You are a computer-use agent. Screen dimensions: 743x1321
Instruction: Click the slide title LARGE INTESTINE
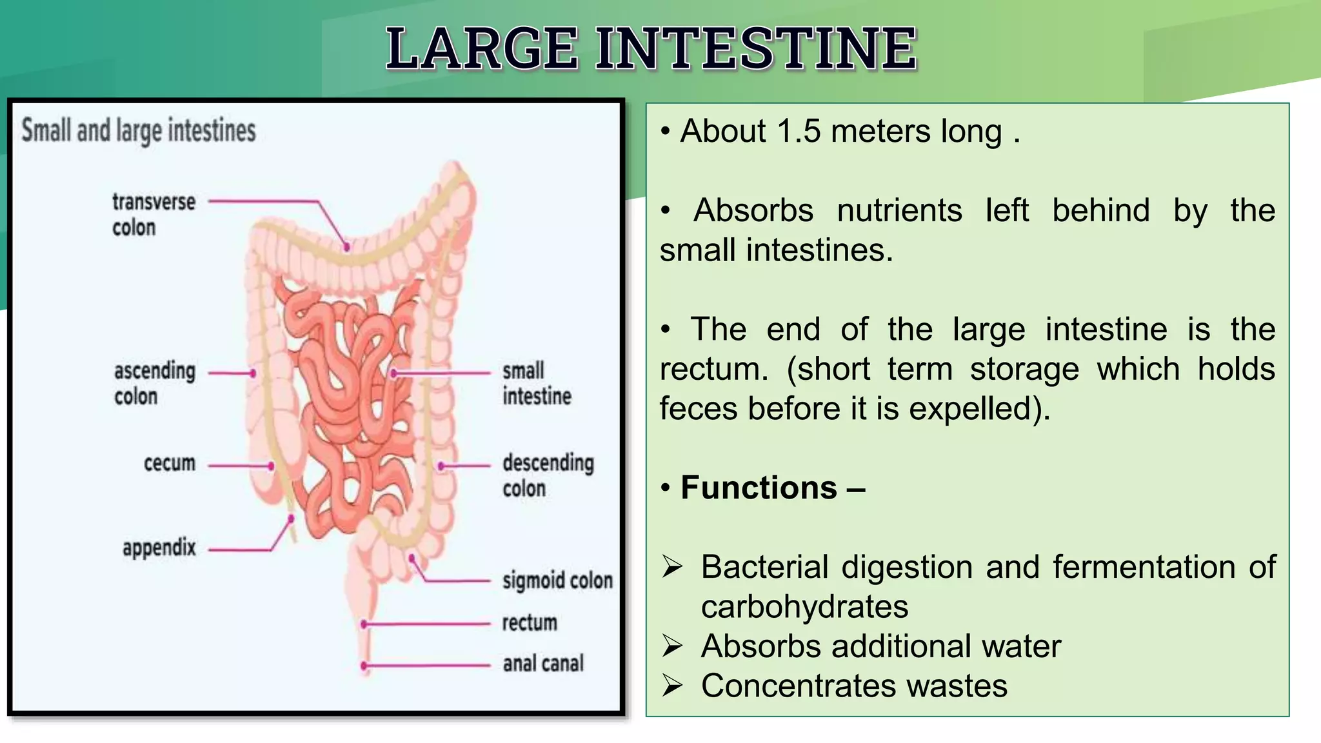[x=651, y=48]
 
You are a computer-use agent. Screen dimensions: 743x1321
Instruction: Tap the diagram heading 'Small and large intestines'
[x=139, y=130]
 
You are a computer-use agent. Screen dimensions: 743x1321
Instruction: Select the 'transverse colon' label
[x=154, y=214]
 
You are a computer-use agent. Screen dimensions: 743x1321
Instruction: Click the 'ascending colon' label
[x=155, y=383]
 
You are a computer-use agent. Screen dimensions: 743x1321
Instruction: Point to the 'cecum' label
[x=169, y=463]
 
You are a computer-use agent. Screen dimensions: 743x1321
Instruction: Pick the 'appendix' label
[x=159, y=548]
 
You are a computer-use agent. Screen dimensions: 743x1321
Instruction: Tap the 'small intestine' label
[x=537, y=383]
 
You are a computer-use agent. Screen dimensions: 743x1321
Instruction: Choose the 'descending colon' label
[x=548, y=475]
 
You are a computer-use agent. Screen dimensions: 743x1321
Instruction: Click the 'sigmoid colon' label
[x=557, y=580]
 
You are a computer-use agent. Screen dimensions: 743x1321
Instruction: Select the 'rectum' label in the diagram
[x=530, y=622]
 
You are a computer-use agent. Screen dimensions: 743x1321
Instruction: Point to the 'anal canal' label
[x=543, y=663]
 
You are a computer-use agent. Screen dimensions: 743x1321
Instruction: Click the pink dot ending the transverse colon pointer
[x=347, y=247]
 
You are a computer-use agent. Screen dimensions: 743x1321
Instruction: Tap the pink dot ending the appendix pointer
[x=292, y=519]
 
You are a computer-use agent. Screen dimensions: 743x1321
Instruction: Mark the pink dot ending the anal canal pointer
[x=364, y=666]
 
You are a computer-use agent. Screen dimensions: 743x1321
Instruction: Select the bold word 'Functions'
[x=759, y=488]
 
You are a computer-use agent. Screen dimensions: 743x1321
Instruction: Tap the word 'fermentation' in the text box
[x=1144, y=568]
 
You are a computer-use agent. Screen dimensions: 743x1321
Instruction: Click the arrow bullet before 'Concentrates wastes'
[x=672, y=686]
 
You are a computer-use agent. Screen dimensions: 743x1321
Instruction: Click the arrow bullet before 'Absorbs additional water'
[x=672, y=646]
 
